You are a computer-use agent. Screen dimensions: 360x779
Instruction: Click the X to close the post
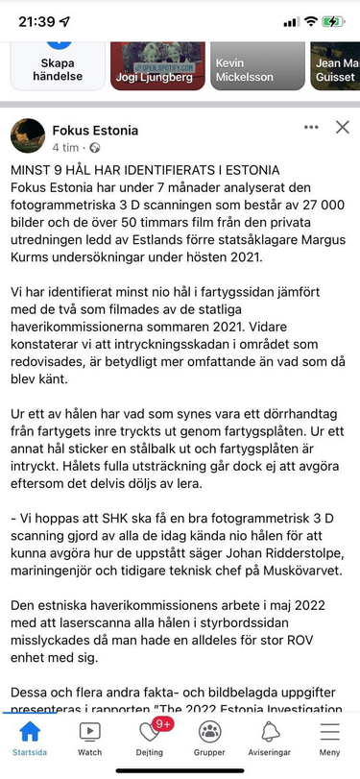click(x=342, y=127)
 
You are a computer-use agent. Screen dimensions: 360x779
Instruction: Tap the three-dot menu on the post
click(x=310, y=127)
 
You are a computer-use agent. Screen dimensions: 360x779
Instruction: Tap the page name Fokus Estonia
click(x=95, y=131)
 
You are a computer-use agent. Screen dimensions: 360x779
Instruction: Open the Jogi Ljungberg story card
click(x=158, y=64)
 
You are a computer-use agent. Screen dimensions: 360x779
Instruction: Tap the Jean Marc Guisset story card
click(x=335, y=64)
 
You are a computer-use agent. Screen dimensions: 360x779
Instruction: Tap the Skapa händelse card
click(x=58, y=64)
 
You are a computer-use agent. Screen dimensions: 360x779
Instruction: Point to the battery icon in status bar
click(x=333, y=20)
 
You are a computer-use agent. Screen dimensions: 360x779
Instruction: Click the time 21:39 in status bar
click(x=36, y=20)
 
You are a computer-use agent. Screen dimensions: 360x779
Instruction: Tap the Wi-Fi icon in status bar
click(x=310, y=20)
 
